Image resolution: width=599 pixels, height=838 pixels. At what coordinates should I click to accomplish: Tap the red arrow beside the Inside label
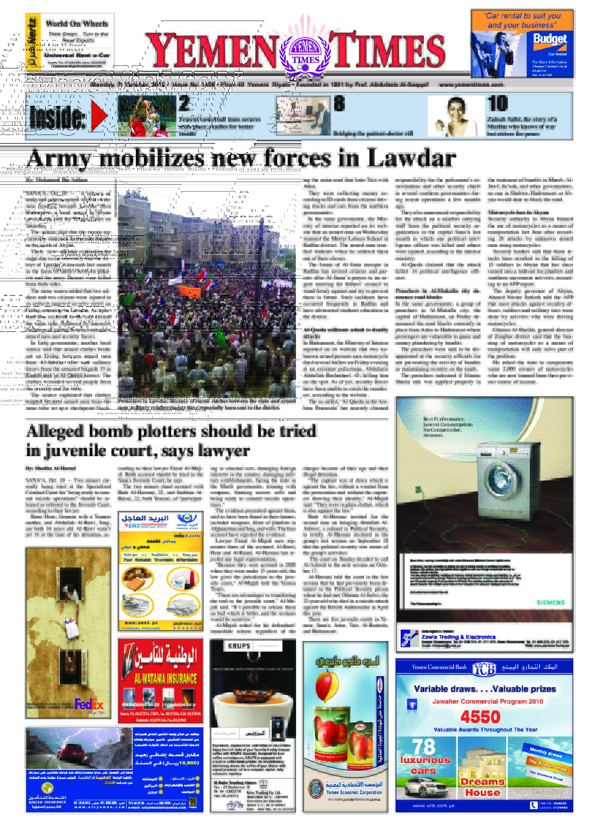tap(98, 115)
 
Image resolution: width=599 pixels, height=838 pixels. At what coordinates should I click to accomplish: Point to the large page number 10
tap(497, 104)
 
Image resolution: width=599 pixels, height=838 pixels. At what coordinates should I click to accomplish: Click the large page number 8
tap(339, 104)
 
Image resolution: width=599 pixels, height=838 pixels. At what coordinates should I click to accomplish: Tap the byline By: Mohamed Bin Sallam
tap(56, 180)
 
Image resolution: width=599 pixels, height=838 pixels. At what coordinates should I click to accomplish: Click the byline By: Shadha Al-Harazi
tap(51, 468)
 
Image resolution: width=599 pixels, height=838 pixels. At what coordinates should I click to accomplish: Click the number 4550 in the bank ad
tap(480, 717)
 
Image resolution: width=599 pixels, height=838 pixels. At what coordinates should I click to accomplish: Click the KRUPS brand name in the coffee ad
tap(239, 646)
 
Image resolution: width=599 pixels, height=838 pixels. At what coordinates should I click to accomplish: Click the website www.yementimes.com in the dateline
tap(471, 85)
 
